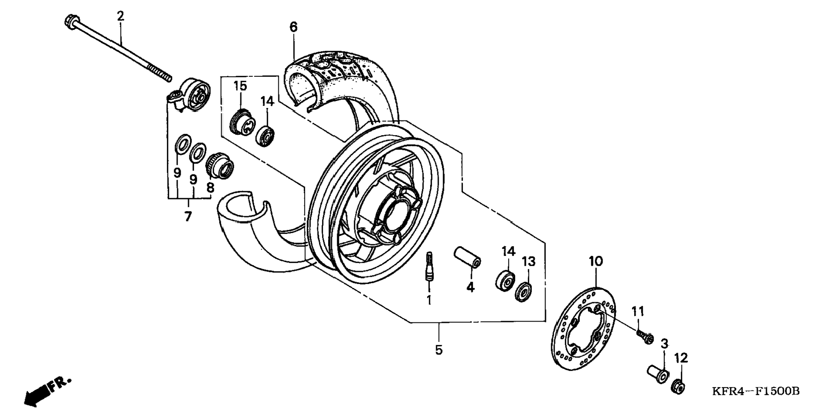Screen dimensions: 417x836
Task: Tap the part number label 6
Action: tap(294, 27)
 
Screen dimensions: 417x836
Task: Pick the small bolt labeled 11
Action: tap(645, 337)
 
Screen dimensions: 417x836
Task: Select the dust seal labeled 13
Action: tap(523, 292)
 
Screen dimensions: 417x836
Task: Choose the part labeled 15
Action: tap(242, 122)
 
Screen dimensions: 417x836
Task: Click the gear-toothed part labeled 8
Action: tap(220, 167)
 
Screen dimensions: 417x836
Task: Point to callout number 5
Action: tap(439, 350)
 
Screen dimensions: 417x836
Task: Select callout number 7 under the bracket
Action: tap(188, 217)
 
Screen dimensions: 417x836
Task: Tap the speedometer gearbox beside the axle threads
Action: tap(193, 96)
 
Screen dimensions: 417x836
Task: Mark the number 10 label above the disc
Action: tap(595, 262)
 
